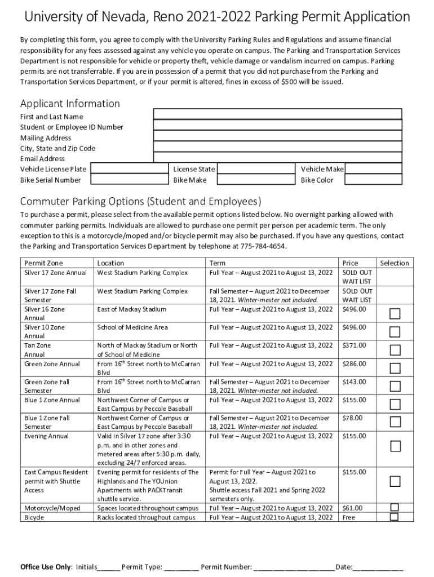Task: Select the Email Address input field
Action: click(277, 158)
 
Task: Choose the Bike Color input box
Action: click(373, 180)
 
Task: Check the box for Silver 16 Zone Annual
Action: click(395, 314)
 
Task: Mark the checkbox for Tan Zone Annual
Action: click(395, 350)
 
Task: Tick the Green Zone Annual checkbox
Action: click(395, 368)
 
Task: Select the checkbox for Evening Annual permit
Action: click(395, 446)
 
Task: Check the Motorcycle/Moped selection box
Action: click(395, 507)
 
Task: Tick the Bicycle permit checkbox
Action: click(395, 517)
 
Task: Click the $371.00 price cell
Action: click(354, 345)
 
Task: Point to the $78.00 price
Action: click(352, 418)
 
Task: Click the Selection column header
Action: click(395, 263)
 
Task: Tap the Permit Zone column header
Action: click(43, 263)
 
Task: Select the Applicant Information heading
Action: click(70, 104)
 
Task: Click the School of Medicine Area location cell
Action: click(132, 327)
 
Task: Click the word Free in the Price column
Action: click(349, 517)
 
